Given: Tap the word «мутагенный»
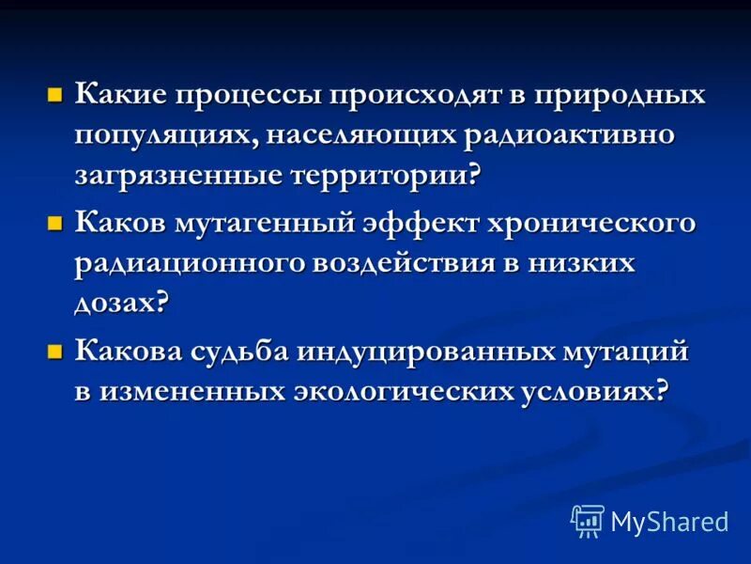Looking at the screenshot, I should click(272, 225).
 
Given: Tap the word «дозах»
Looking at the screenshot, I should click(117, 303).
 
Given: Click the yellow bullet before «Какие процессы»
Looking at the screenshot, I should click(55, 96).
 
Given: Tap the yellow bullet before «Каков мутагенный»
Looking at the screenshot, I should click(55, 224).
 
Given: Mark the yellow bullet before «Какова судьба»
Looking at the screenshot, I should click(55, 352).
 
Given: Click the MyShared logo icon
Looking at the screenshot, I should click(588, 520).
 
